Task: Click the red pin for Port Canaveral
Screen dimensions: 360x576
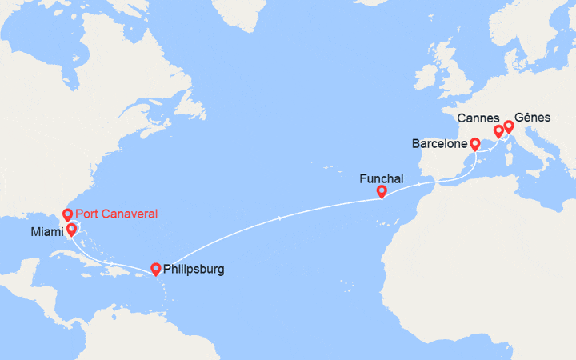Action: [x=67, y=214]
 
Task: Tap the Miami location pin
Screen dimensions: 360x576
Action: [x=71, y=230]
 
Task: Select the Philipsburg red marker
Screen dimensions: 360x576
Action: [x=155, y=269]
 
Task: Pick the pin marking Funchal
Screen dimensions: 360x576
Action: [x=382, y=191]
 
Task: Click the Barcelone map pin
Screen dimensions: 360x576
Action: [x=474, y=144]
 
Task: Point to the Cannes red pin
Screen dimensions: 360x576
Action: [x=498, y=130]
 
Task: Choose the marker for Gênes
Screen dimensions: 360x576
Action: [x=508, y=126]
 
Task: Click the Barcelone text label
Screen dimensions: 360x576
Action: [x=439, y=145]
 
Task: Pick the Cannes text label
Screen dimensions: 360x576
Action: [x=478, y=119]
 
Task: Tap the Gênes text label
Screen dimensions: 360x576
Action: [x=533, y=117]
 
